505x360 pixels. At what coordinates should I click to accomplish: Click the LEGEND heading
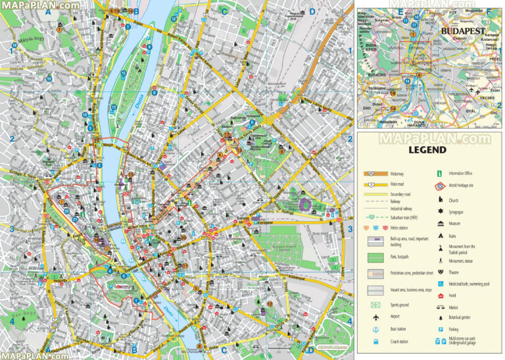(427, 150)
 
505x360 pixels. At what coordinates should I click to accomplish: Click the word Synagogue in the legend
(458, 212)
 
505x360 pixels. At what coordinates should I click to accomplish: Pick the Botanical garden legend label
(464, 318)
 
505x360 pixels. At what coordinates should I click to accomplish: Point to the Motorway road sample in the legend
(375, 173)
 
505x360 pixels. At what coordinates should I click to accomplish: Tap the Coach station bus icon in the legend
(376, 342)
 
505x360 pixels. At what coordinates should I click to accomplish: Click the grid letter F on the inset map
(488, 11)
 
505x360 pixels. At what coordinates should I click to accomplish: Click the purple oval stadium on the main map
(303, 205)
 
